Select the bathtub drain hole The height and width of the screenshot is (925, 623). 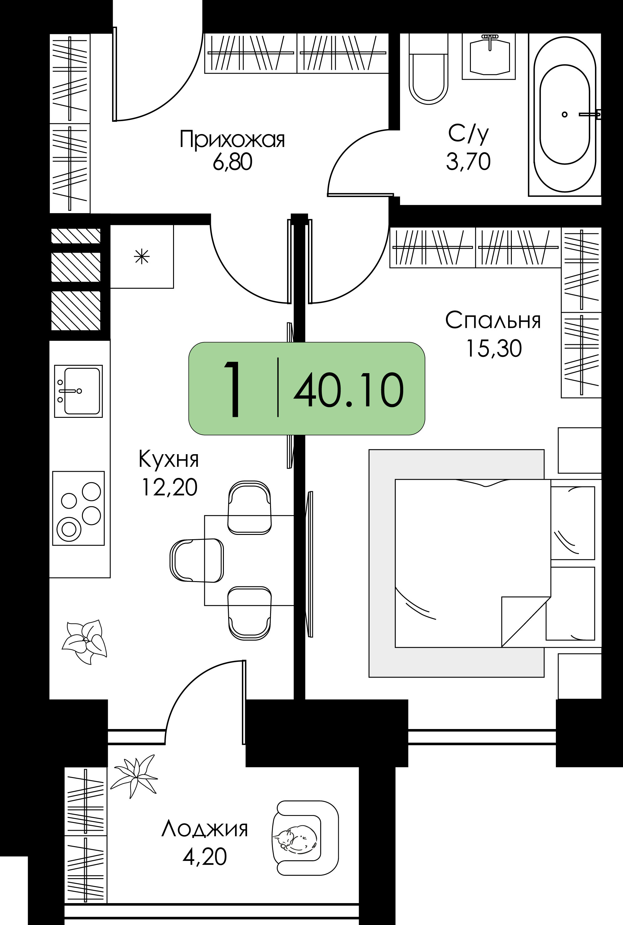click(564, 115)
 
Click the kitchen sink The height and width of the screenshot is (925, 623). click(79, 391)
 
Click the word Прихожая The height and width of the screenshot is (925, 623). click(233, 140)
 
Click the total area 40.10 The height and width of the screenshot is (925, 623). click(348, 390)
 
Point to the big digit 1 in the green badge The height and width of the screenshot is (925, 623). click(233, 389)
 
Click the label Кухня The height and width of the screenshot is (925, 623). click(168, 459)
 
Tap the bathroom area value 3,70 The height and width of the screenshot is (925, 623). click(468, 162)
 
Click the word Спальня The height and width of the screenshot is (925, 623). click(493, 320)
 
